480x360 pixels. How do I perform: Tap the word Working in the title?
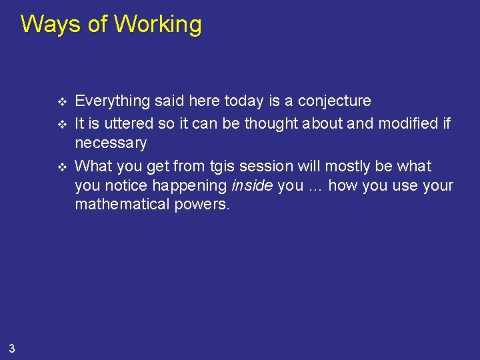pyautogui.click(x=157, y=25)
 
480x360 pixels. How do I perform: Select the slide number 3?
pyautogui.click(x=13, y=347)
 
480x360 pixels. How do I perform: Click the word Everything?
pyautogui.click(x=113, y=101)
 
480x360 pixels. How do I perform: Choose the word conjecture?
pyautogui.click(x=334, y=101)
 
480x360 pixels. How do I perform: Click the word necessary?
pyautogui.click(x=111, y=144)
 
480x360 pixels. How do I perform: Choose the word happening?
pyautogui.click(x=193, y=185)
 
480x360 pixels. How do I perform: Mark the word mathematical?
pyautogui.click(x=123, y=204)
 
